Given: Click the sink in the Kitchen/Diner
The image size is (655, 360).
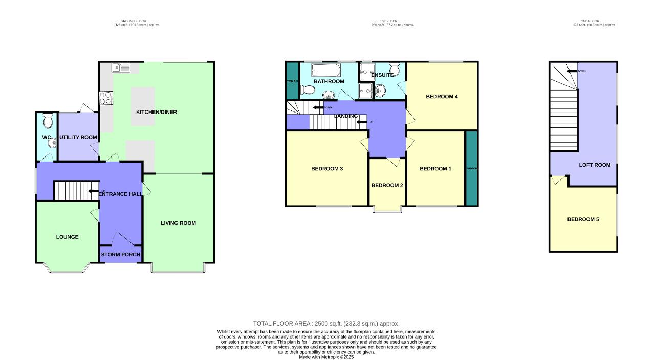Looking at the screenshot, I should tap(122, 67).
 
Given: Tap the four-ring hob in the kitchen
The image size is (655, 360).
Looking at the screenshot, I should tap(105, 97).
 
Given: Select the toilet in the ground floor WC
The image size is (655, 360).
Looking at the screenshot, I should tap(48, 121).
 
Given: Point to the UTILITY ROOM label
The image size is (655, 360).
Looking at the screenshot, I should tap(78, 137).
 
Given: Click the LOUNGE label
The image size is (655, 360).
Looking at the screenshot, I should tap(67, 237).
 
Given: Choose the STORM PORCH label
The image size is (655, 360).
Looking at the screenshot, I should tap(120, 255).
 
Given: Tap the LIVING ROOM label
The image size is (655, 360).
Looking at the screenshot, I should tap(178, 223).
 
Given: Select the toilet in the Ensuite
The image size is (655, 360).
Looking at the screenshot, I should tap(394, 69).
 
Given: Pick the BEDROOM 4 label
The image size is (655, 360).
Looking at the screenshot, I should tap(442, 96).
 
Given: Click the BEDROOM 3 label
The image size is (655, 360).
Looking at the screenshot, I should tap(327, 169).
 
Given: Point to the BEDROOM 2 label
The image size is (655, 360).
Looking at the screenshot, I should tap(387, 185).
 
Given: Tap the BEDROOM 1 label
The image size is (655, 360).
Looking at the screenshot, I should tap(435, 169).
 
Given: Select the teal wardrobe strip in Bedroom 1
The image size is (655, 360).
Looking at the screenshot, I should tap(471, 169).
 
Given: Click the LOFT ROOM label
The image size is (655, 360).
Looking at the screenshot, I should tap(595, 165).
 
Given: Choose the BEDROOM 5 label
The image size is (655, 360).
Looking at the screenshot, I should tap(583, 219).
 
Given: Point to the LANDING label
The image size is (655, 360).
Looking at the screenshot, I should tap(346, 116).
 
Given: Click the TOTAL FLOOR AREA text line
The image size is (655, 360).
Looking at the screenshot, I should tap(326, 324).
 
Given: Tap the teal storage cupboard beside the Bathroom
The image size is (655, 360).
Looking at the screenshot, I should tap(292, 80).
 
